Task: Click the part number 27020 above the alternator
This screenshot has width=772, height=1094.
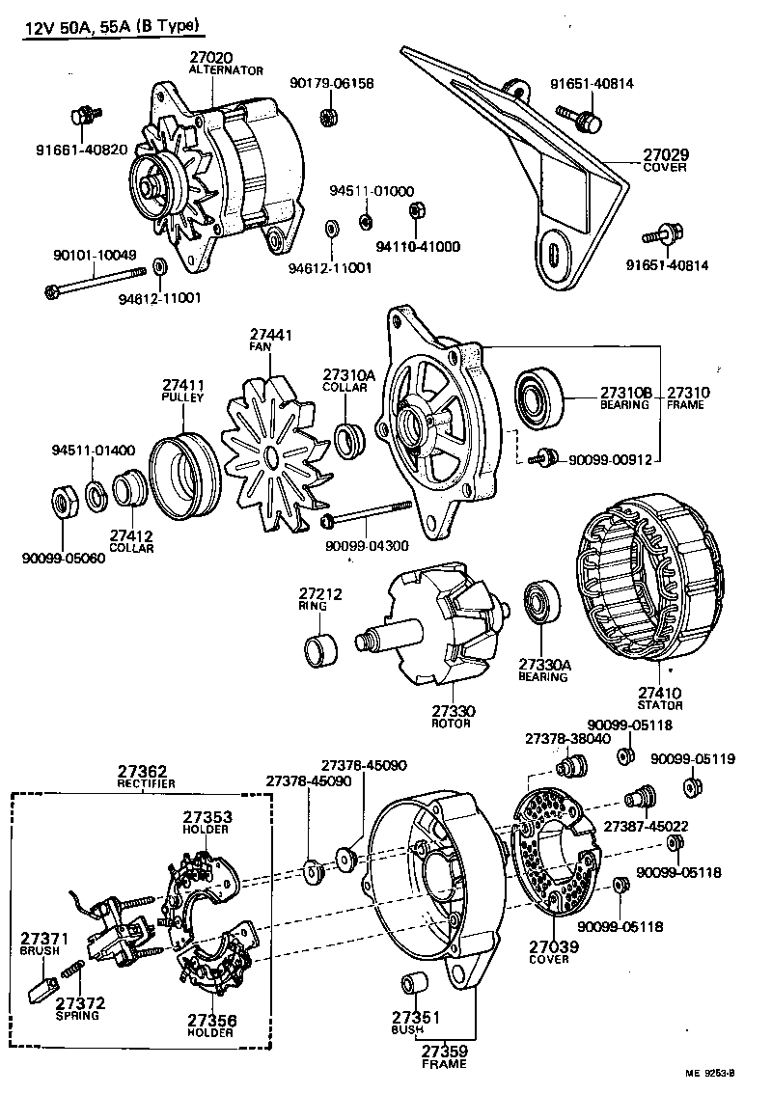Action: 212,58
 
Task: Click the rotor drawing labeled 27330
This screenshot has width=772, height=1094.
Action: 434,637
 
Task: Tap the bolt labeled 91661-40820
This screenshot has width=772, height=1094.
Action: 81,118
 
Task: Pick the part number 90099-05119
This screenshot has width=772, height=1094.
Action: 692,759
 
